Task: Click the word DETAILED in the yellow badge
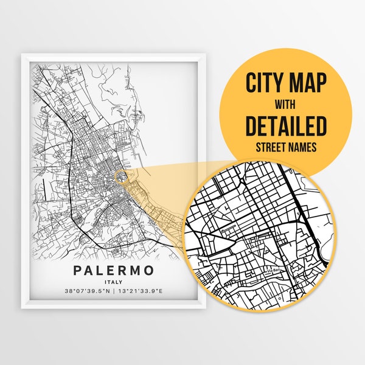pos(285,125)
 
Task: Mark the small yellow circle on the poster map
pos(120,177)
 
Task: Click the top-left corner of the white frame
pos(23,54)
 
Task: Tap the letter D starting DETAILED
pos(251,125)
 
